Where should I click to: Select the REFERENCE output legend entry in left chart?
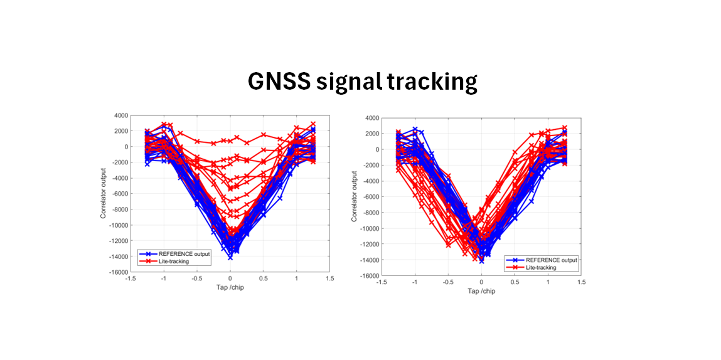click(x=184, y=253)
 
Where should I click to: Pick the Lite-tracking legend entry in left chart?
click(x=175, y=260)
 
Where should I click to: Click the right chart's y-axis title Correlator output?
click(x=354, y=196)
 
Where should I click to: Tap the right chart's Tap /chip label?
click(x=481, y=290)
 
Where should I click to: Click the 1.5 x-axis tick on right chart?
click(x=581, y=283)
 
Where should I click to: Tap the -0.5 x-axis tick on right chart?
click(x=447, y=283)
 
